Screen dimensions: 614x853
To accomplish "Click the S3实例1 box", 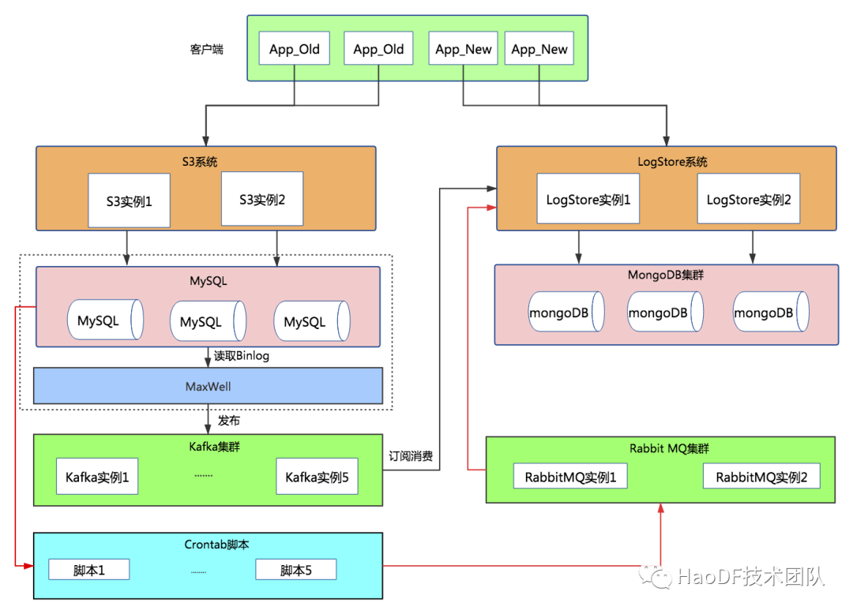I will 128,201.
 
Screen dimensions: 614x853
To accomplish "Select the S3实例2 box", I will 261,199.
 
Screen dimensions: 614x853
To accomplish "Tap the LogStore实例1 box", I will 588,199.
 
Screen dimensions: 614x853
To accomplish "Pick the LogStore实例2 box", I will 748,199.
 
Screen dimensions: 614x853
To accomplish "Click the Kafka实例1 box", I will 96,477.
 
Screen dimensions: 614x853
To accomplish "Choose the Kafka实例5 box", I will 316,477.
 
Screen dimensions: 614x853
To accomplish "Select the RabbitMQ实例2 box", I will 761,477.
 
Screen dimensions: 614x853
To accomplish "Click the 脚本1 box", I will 88,570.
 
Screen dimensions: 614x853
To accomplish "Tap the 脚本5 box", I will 295,570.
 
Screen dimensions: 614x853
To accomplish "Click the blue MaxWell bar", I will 208,387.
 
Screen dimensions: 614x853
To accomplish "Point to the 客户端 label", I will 206,49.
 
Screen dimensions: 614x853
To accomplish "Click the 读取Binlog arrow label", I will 242,356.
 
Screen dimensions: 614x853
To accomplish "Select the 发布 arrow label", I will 229,421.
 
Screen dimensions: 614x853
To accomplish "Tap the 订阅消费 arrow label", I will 410,456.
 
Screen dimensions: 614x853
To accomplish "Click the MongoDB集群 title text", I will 665,275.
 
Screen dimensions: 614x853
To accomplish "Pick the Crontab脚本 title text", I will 208,545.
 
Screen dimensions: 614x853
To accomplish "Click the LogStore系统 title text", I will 672,162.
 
